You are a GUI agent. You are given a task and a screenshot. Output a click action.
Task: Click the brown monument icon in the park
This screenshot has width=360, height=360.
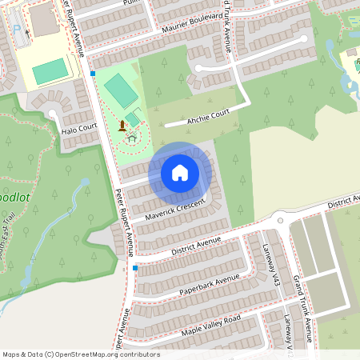coord(122,126)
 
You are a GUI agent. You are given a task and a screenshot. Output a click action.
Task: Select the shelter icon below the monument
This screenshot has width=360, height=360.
coord(131,138)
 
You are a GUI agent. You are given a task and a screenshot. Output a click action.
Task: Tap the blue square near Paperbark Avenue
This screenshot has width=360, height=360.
coord(135,268)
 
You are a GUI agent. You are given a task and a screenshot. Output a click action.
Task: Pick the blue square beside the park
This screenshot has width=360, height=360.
coord(93,74)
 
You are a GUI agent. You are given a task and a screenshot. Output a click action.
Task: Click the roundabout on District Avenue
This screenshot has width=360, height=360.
coord(280,220)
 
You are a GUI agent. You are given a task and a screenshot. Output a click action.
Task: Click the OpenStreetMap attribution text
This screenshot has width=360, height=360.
coord(81,354)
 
